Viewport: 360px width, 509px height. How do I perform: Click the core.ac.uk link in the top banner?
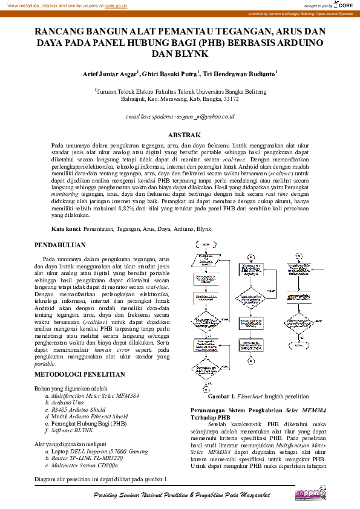116,5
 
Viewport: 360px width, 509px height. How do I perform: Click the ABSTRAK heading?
180,135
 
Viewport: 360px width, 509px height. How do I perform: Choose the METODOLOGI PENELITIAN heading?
79,375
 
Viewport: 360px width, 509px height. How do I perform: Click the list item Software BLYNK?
72,430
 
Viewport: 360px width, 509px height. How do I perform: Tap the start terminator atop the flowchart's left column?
204,245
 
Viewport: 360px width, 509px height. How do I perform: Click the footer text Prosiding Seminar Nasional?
139,495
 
